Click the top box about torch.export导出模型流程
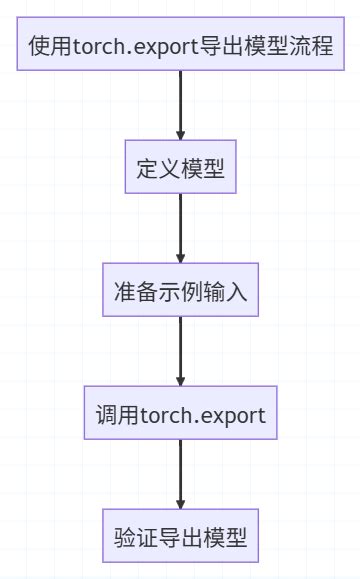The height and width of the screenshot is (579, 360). [x=181, y=46]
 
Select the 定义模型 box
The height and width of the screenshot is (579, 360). [x=181, y=169]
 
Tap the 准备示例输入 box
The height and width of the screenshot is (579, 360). [x=181, y=292]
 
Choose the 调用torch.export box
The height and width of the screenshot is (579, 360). [x=181, y=415]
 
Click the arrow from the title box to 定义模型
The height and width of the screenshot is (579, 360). [x=181, y=105]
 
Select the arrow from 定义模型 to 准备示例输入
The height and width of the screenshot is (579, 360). [x=181, y=228]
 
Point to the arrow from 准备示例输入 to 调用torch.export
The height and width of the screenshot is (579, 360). [x=181, y=351]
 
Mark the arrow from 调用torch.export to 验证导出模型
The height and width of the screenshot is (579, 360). [x=181, y=474]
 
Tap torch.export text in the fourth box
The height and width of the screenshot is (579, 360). [x=203, y=415]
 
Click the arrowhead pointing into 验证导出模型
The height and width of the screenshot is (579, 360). [x=181, y=504]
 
